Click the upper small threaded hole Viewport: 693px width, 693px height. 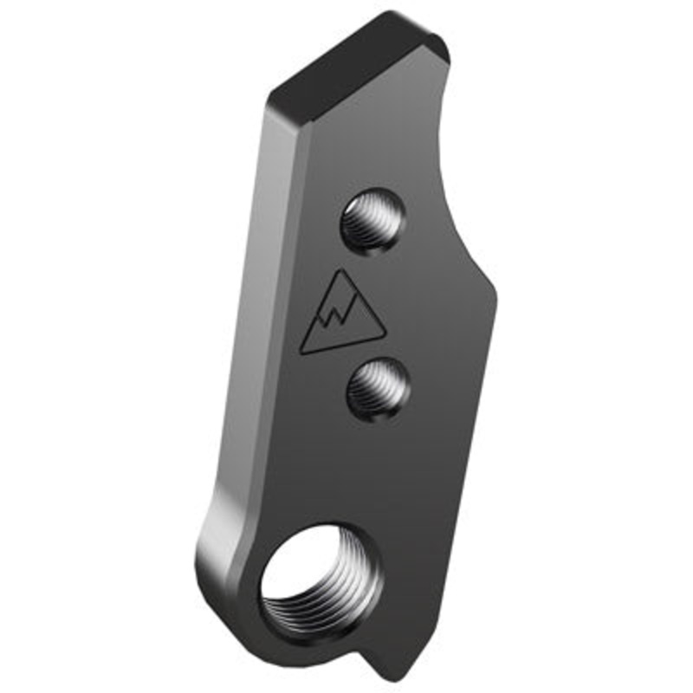pos(372,220)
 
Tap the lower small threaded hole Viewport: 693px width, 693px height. pos(378,389)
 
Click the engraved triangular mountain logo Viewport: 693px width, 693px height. pos(342,316)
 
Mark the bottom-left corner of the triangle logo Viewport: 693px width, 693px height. pos(301,352)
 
